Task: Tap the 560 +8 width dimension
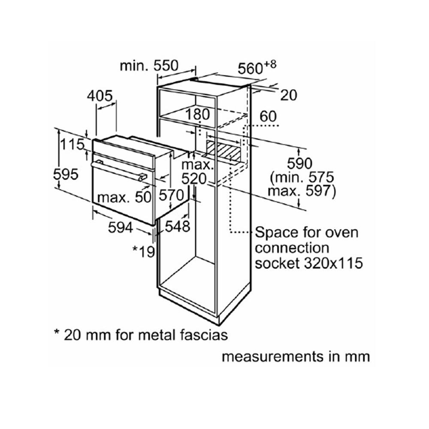click(x=257, y=67)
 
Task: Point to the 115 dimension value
click(x=72, y=145)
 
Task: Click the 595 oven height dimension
click(x=65, y=174)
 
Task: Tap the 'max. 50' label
click(x=124, y=197)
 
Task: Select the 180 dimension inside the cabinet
click(x=198, y=115)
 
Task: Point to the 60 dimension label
click(x=268, y=117)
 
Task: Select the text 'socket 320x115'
click(x=308, y=263)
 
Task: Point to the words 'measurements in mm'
click(x=295, y=356)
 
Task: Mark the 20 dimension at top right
click(x=288, y=95)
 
